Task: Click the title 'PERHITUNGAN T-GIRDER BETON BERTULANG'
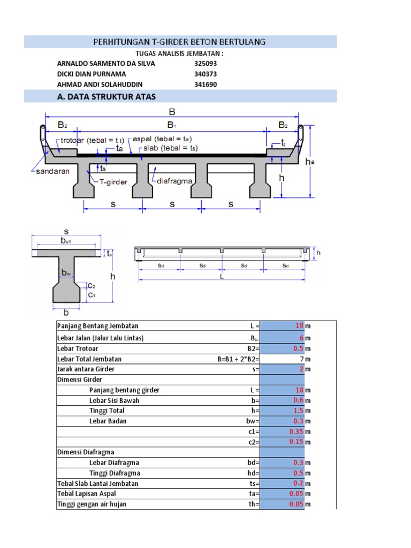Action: pyautogui.click(x=180, y=42)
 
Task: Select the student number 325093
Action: pyautogui.click(x=205, y=63)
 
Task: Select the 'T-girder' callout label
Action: pyautogui.click(x=112, y=182)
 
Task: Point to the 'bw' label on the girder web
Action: pyautogui.click(x=66, y=273)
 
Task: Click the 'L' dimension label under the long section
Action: pyautogui.click(x=222, y=277)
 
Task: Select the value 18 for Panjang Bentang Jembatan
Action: pyautogui.click(x=299, y=326)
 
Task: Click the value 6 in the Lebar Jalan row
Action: pyautogui.click(x=301, y=338)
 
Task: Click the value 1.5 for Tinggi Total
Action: pyautogui.click(x=298, y=410)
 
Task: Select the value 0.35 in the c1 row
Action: pyautogui.click(x=296, y=431)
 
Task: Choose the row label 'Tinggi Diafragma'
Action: pyautogui.click(x=115, y=473)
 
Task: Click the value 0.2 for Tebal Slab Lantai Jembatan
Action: pyautogui.click(x=298, y=483)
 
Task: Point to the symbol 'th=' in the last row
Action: pyautogui.click(x=254, y=504)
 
